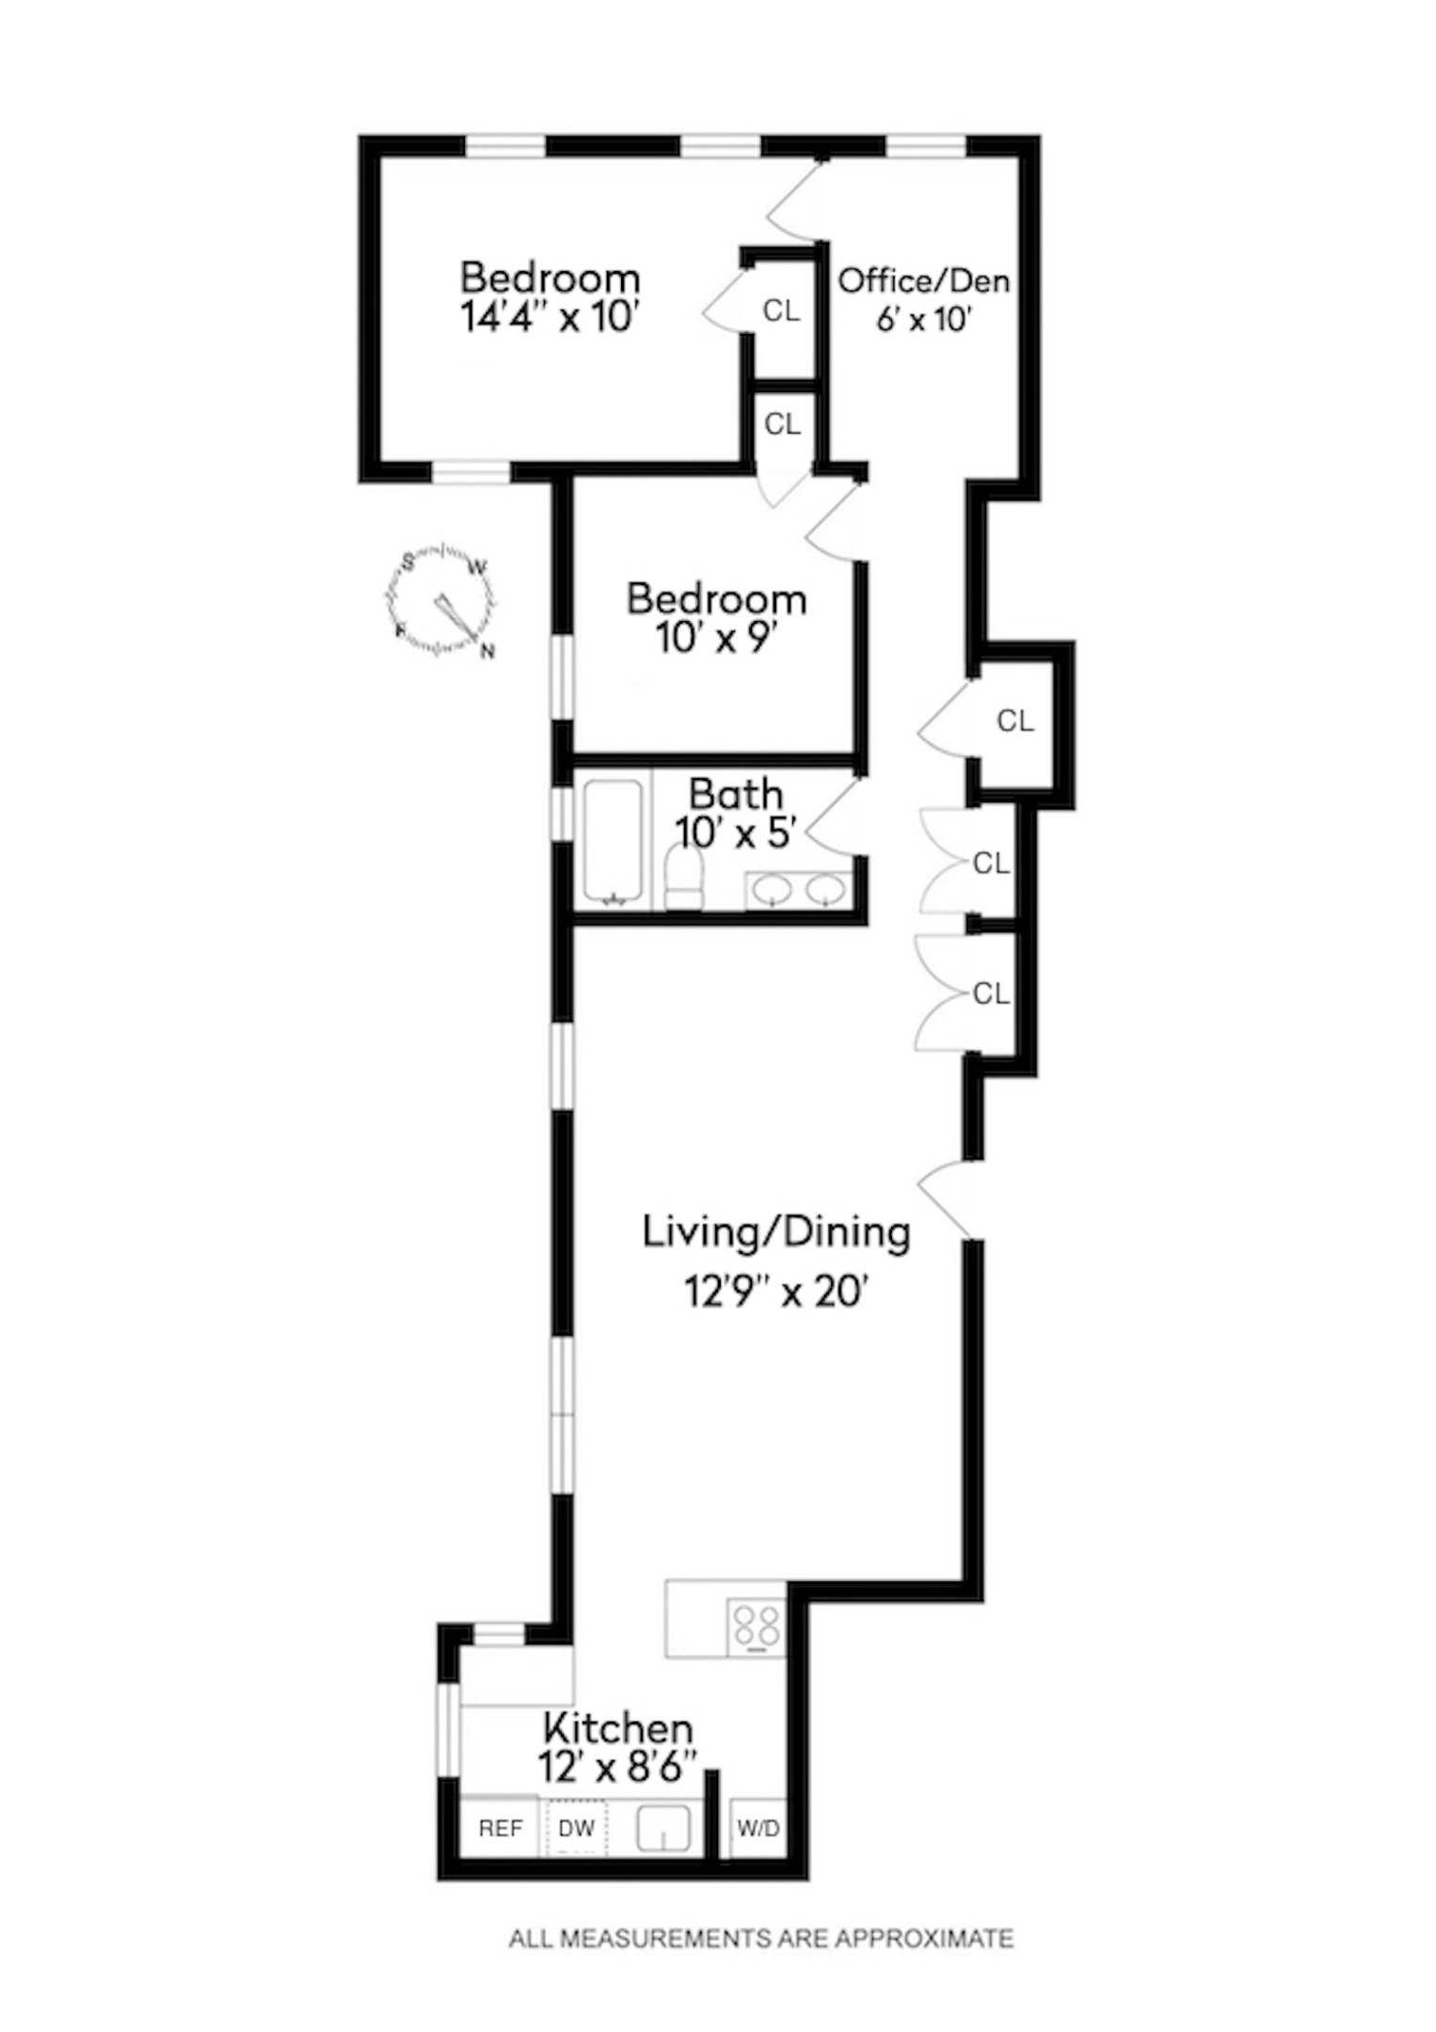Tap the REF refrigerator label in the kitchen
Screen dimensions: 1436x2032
pos(501,1828)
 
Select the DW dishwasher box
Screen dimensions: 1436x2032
pos(577,1828)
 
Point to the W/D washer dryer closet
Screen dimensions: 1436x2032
pos(758,1828)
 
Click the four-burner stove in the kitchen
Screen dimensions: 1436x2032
pos(757,1627)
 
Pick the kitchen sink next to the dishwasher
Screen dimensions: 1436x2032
pos(664,1829)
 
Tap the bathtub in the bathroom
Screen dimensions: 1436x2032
pos(614,841)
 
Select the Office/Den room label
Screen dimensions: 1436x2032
pos(924,280)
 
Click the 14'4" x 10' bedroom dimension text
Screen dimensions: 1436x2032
pos(550,317)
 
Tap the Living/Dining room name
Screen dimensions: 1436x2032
pos(776,1232)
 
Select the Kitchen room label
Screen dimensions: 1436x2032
pos(618,1728)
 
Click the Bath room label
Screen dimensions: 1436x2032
pos(736,794)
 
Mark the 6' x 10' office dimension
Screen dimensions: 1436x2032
pos(923,320)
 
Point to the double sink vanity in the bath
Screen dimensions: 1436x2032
pos(800,890)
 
